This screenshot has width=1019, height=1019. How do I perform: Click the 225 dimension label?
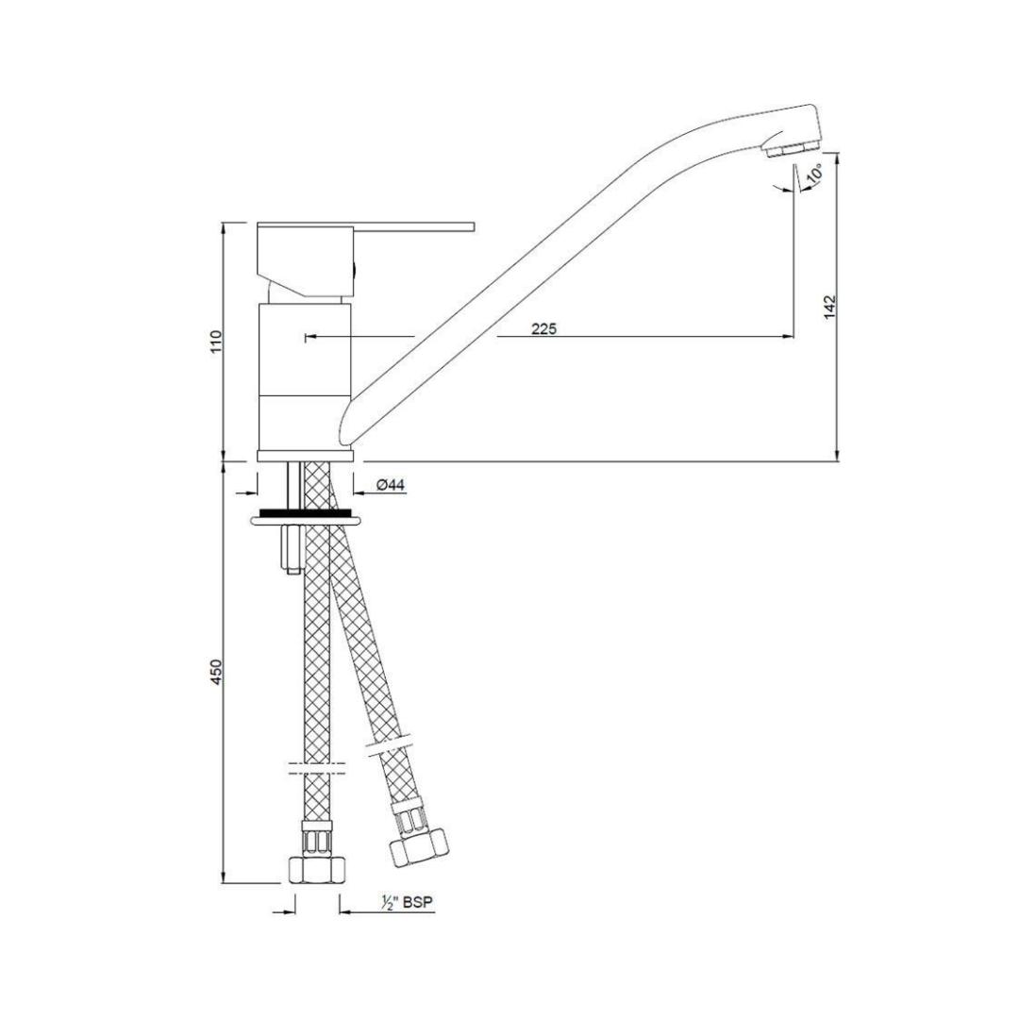[543, 329]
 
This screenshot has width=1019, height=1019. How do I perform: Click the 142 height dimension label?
[829, 307]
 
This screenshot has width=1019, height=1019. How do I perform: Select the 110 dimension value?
[216, 341]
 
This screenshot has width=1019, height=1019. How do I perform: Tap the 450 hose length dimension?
[216, 672]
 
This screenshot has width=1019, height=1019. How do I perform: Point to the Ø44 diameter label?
[390, 485]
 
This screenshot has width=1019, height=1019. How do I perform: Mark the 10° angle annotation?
[815, 174]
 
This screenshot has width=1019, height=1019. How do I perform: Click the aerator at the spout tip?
[790, 149]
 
